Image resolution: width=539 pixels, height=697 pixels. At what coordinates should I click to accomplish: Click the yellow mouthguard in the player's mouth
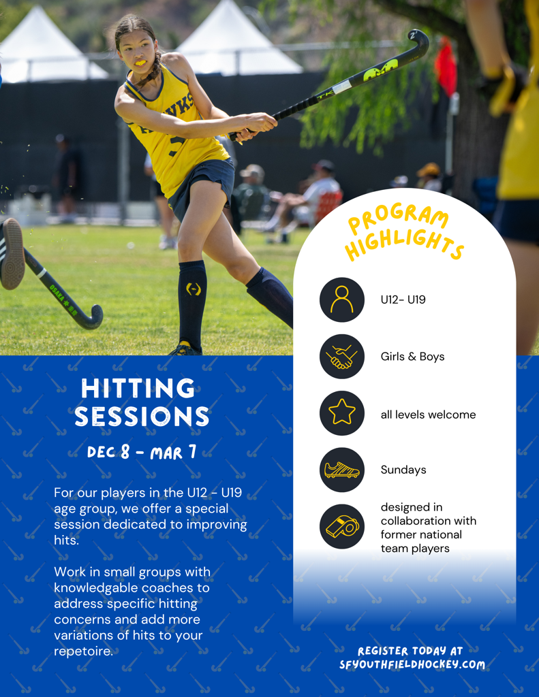pyautogui.click(x=140, y=63)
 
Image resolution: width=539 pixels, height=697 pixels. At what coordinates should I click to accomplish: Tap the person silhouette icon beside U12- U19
pyautogui.click(x=342, y=299)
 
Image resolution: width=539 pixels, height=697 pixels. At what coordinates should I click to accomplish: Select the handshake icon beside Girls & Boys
pyautogui.click(x=342, y=357)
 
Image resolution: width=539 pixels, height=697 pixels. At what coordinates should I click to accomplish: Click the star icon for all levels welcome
pyautogui.click(x=342, y=413)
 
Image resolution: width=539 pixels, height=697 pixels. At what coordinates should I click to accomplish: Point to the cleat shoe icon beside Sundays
pyautogui.click(x=342, y=470)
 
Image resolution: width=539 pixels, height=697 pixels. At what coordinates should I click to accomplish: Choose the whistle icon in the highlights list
pyautogui.click(x=342, y=526)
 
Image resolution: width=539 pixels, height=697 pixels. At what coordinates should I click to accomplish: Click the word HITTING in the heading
pyautogui.click(x=138, y=389)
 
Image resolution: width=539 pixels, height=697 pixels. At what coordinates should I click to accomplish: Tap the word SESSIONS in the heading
pyautogui.click(x=142, y=417)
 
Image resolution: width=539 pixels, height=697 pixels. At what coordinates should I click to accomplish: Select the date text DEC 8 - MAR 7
pyautogui.click(x=142, y=452)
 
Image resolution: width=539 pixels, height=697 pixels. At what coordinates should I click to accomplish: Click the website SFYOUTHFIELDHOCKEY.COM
pyautogui.click(x=412, y=664)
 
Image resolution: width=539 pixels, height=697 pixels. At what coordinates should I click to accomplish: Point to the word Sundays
pyautogui.click(x=403, y=470)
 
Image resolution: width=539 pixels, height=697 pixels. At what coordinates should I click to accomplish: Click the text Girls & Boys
pyautogui.click(x=412, y=357)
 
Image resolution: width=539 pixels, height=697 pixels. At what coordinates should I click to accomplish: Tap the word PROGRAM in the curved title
pyautogui.click(x=398, y=218)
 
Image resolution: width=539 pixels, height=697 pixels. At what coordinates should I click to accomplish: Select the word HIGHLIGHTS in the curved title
pyautogui.click(x=405, y=244)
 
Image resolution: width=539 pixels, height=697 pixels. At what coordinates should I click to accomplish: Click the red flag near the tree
pyautogui.click(x=446, y=67)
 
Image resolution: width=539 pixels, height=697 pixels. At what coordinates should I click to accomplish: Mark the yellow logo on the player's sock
pyautogui.click(x=193, y=289)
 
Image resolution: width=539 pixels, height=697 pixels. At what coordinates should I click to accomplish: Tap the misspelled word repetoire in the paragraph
pyautogui.click(x=83, y=651)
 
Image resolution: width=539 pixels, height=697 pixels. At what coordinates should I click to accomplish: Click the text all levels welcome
pyautogui.click(x=428, y=415)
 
